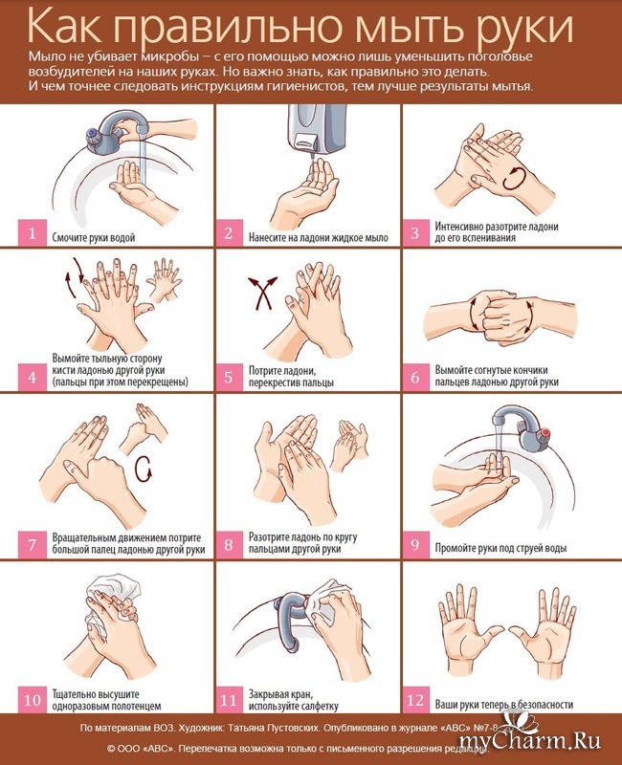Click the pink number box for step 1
tap(33, 232)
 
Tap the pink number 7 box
tap(33, 544)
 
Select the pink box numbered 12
tap(415, 700)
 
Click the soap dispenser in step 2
tap(317, 128)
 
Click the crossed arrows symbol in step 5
tap(262, 294)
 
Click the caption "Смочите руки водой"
tap(94, 237)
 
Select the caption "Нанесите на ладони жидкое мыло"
tap(319, 237)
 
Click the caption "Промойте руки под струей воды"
tap(500, 548)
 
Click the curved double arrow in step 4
tap(74, 277)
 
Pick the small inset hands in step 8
tap(349, 444)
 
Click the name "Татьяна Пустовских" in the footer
tap(272, 728)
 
